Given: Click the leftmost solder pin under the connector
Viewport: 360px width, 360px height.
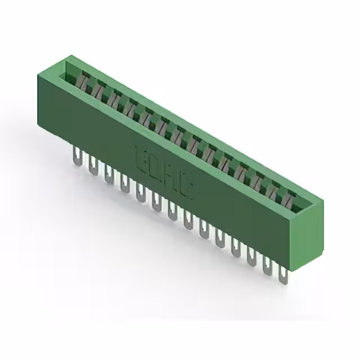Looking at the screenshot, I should tap(76, 155).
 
